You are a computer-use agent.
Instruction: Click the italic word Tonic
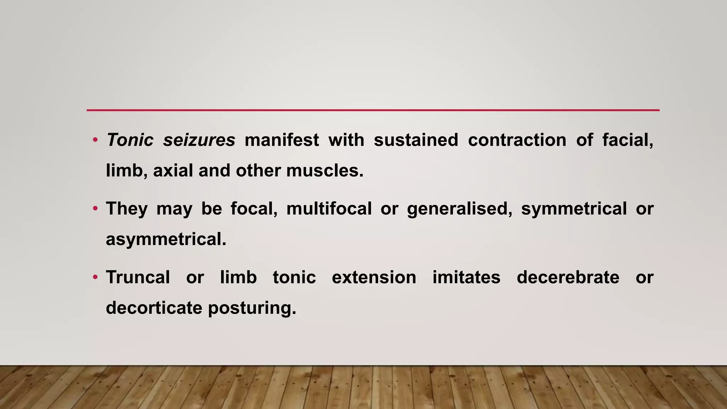coord(130,140)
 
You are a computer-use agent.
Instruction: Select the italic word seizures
coord(199,140)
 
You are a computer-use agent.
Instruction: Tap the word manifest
coord(281,140)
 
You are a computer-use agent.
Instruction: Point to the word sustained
coord(416,140)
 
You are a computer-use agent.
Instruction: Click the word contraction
coord(517,140)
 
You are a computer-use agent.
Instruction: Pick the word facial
coord(627,140)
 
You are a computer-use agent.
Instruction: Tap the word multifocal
coord(329,208)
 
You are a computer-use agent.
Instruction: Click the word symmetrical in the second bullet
coord(574,208)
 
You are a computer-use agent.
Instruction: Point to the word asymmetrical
coord(166,239)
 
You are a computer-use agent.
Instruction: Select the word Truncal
coord(138,277)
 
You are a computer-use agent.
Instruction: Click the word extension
coord(374,277)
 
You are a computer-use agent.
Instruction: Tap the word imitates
coord(466,277)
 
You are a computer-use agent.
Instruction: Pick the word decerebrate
coord(568,277)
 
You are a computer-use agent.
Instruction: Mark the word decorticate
coord(154,308)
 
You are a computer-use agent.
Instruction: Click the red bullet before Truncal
coord(95,277)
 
